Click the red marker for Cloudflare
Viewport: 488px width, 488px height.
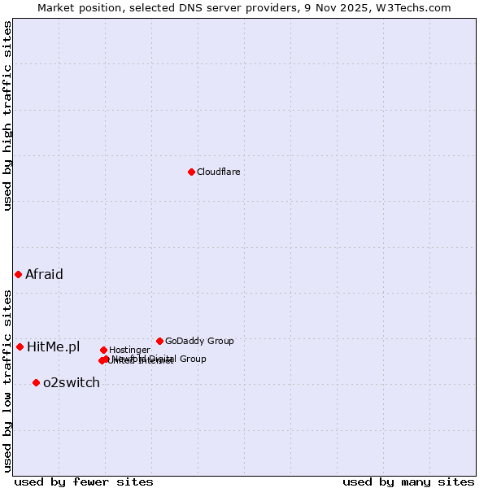tap(191, 172)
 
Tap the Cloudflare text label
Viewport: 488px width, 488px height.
tap(218, 172)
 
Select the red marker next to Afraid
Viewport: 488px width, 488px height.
tap(18, 274)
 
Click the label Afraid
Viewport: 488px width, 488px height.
tap(44, 274)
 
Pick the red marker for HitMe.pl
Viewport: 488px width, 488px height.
tap(20, 346)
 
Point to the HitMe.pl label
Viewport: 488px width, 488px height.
tap(54, 347)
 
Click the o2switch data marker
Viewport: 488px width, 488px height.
tap(36, 382)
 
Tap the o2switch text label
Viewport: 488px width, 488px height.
tap(72, 383)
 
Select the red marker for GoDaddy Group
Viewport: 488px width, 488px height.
tap(159, 341)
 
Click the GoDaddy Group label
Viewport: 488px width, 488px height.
tap(199, 341)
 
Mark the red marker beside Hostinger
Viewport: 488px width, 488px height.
tap(103, 350)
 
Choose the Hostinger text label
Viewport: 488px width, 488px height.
tap(129, 350)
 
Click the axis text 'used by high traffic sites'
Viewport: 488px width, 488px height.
tap(7, 115)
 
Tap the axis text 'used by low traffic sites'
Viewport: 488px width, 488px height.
tap(7, 381)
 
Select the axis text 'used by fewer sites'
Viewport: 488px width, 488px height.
tap(84, 482)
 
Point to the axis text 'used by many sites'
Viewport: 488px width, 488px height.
tap(408, 482)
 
